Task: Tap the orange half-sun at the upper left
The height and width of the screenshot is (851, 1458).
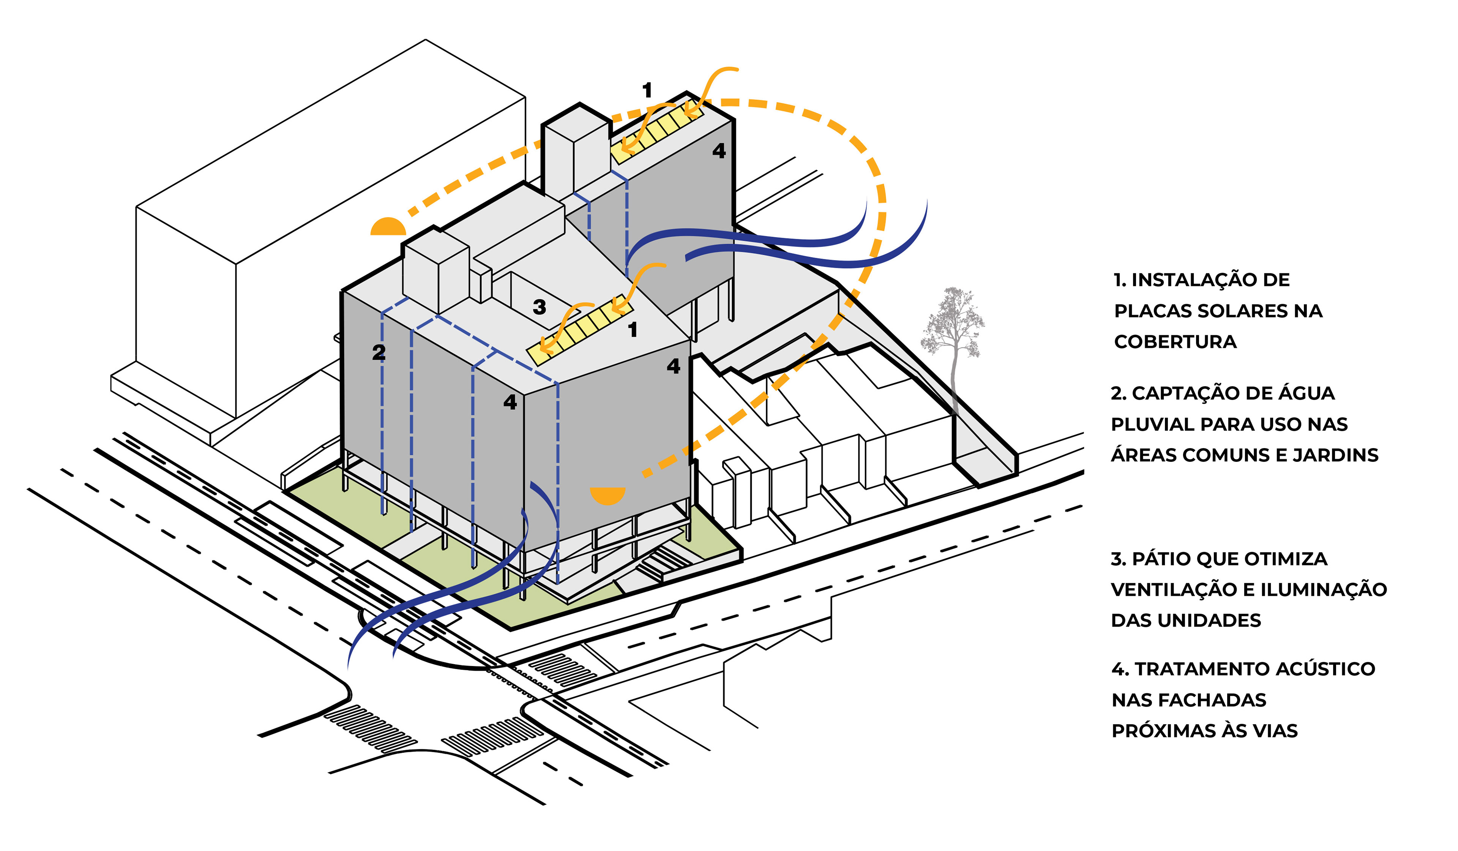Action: (388, 227)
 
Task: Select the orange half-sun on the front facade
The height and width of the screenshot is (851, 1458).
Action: (607, 495)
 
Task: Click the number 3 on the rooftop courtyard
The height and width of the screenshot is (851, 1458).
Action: (539, 306)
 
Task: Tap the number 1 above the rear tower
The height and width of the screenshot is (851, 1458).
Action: (647, 90)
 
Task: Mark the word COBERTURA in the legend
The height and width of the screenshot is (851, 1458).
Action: (1175, 342)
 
